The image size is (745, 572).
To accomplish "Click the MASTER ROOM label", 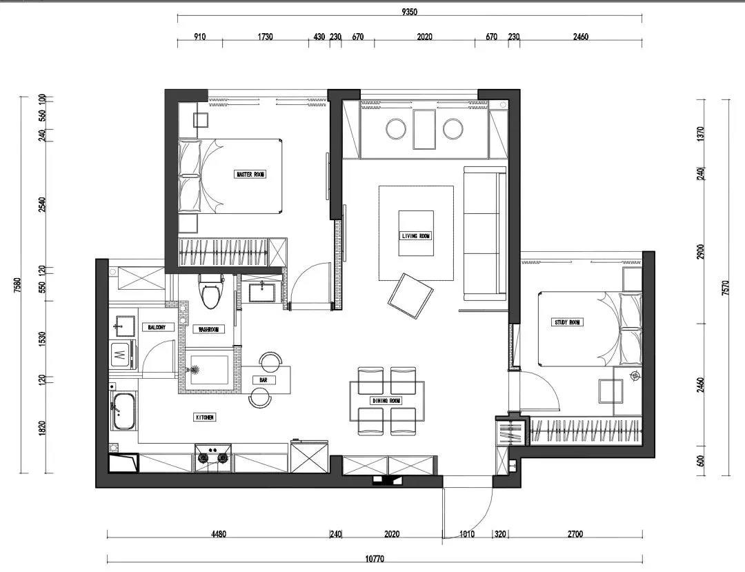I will click(x=250, y=175).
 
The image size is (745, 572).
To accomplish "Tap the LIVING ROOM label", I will click(x=416, y=236).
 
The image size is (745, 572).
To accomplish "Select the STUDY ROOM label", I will click(x=568, y=322).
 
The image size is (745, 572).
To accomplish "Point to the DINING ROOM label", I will click(x=386, y=401).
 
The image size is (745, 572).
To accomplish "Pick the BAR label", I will click(x=264, y=380).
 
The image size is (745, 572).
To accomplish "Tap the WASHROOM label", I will click(x=208, y=330).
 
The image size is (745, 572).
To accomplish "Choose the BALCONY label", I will click(x=157, y=327).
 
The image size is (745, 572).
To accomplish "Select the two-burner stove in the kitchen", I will click(x=212, y=456).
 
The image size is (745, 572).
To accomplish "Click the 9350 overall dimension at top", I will click(x=410, y=11).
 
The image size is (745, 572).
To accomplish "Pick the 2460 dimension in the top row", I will click(x=580, y=37).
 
